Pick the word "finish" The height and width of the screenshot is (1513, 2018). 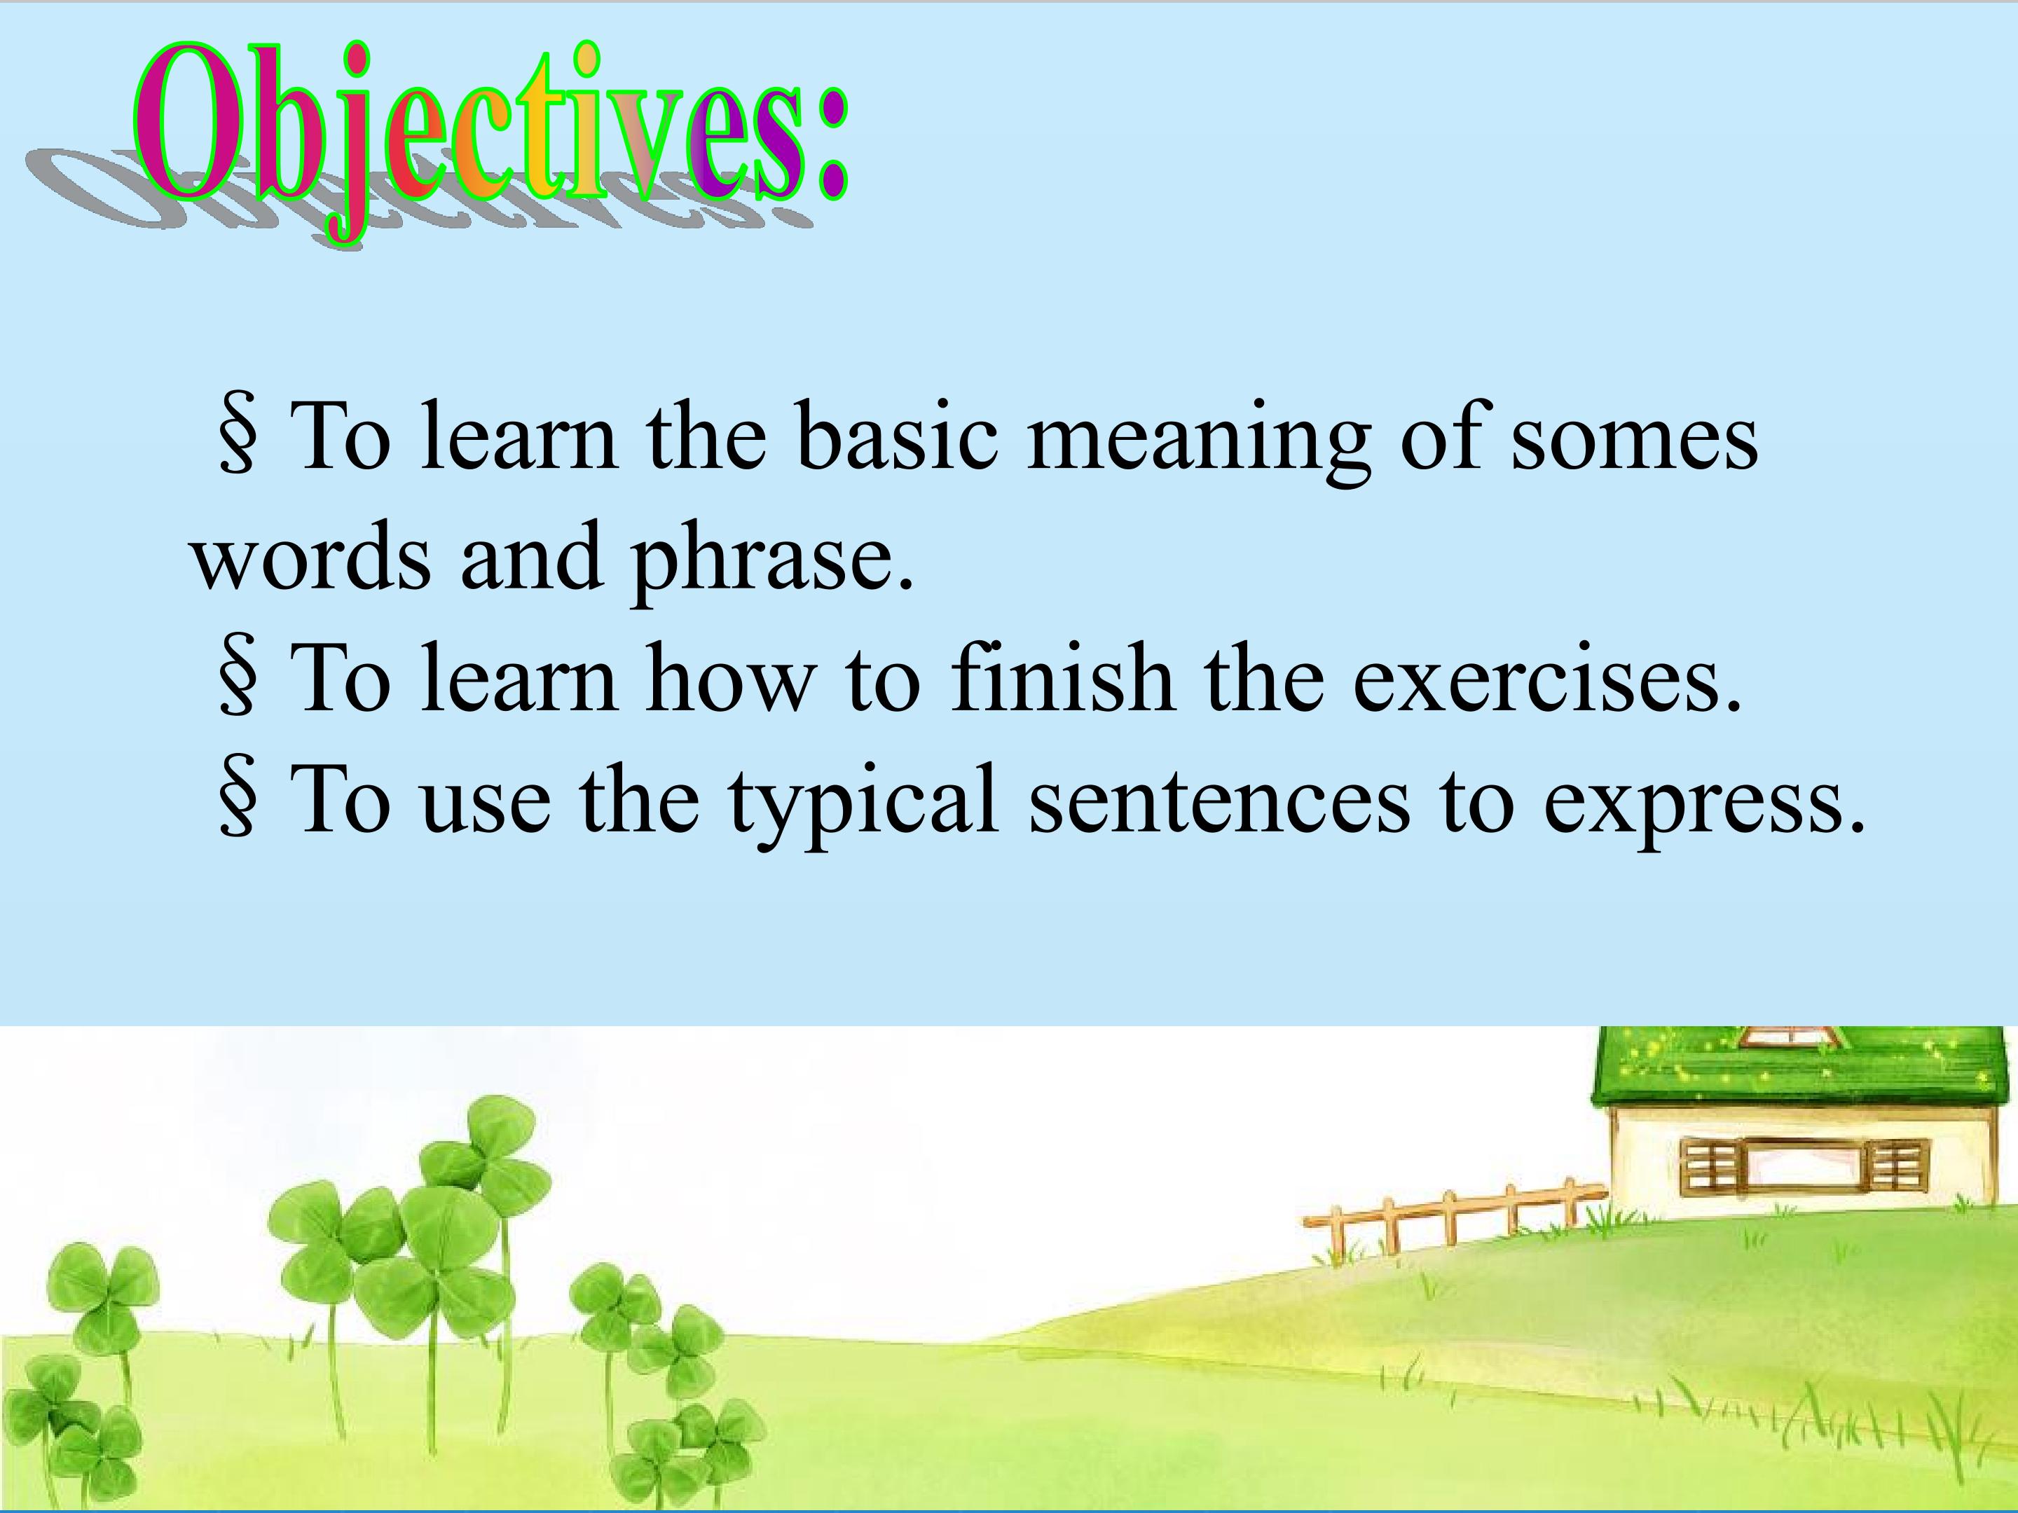point(1060,677)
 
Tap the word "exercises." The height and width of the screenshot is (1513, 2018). point(1546,679)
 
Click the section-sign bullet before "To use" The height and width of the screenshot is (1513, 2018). point(238,799)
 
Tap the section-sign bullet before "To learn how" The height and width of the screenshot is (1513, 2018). point(238,677)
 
